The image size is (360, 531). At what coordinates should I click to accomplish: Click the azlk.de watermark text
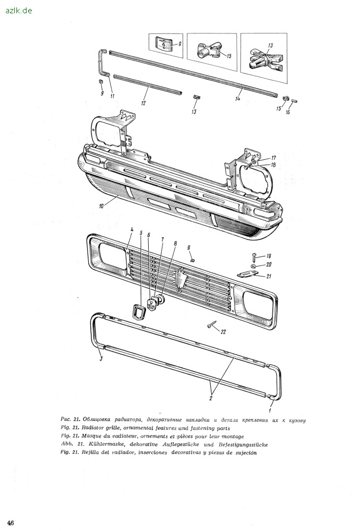tap(19, 11)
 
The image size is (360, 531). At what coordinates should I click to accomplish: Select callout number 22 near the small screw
tap(223, 332)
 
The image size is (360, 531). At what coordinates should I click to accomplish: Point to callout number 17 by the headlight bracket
tap(273, 158)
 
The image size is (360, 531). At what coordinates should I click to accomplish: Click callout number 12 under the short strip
tap(143, 102)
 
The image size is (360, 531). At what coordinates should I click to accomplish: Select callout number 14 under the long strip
tap(237, 99)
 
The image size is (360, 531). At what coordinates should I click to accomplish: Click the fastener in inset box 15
tap(209, 50)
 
